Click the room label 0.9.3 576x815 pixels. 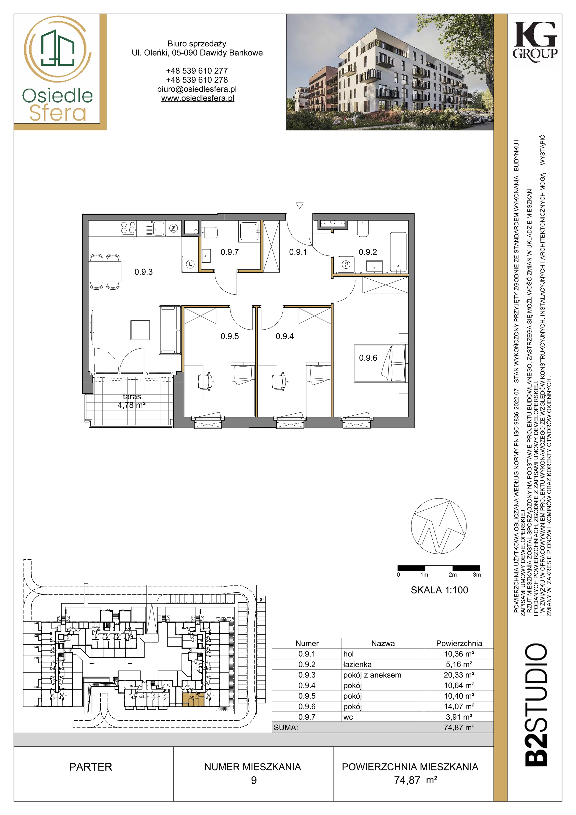pyautogui.click(x=143, y=272)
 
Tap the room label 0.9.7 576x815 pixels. pyautogui.click(x=230, y=252)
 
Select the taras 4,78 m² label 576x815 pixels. pyautogui.click(x=132, y=400)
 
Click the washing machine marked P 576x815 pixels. pyautogui.click(x=346, y=264)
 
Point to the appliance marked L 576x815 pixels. pyautogui.click(x=190, y=264)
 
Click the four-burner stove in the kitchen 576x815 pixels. pyautogui.click(x=128, y=227)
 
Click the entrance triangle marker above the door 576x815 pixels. pyautogui.click(x=300, y=205)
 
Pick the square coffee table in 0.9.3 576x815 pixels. pyautogui.click(x=140, y=330)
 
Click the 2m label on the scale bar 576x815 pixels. pyautogui.click(x=452, y=575)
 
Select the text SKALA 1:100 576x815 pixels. pyautogui.click(x=439, y=590)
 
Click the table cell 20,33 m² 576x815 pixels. pyautogui.click(x=459, y=675)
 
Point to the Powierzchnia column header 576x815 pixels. pyautogui.click(x=459, y=643)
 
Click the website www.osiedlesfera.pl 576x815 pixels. pyautogui.click(x=198, y=98)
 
